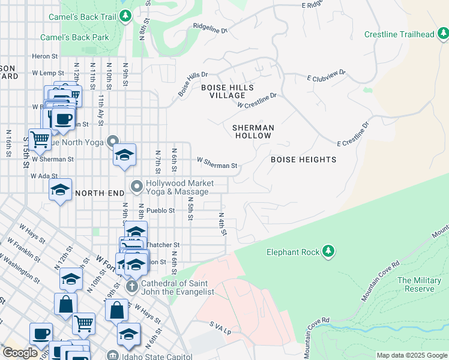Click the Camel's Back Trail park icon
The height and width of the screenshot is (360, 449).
point(125,16)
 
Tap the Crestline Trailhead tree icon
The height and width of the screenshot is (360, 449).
point(443,34)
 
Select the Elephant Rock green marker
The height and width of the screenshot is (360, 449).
point(328,251)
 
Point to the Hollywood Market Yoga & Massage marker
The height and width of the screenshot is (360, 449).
point(137,187)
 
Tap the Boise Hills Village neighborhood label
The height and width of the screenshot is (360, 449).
point(223,91)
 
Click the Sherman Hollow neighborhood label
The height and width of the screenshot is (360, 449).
point(253,131)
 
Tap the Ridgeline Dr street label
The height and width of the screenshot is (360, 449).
point(211,28)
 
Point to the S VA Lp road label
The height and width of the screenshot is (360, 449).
point(220,328)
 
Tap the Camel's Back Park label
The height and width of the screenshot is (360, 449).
point(74,37)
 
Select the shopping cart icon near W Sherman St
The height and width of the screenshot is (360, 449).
point(40,139)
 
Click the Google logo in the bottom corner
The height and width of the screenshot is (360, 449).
point(20,353)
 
